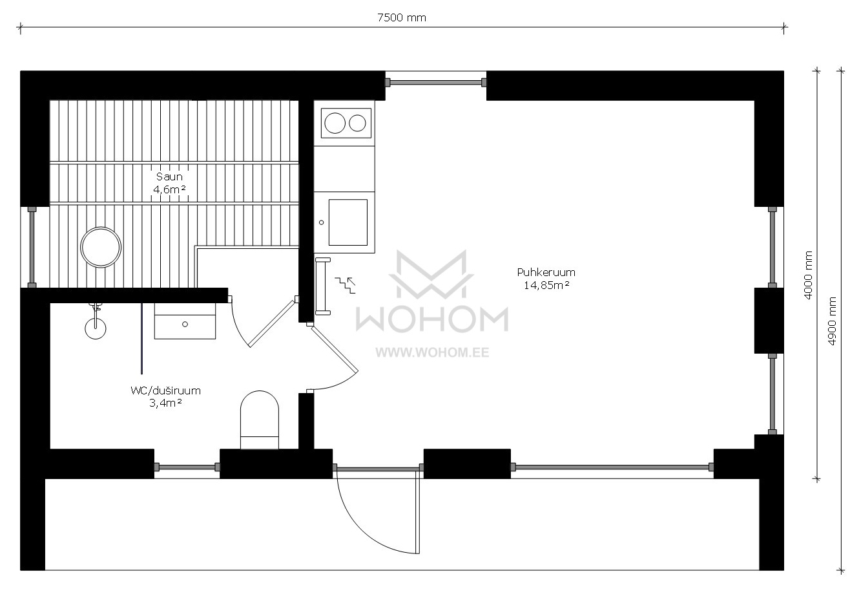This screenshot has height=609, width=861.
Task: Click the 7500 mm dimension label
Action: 401,17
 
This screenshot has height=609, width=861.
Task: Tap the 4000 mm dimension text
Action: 808,275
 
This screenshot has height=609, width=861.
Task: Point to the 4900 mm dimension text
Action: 832,321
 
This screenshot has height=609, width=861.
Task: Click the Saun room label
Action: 169,176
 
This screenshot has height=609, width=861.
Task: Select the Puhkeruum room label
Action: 546,272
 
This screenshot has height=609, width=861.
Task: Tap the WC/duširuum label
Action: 165,390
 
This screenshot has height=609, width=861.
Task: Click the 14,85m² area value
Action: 546,285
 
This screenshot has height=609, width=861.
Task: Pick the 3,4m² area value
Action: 165,403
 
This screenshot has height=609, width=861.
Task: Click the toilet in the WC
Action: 260,420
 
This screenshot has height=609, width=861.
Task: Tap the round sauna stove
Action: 101,247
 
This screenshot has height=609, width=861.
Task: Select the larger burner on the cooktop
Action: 335,123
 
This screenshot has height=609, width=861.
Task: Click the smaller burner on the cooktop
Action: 357,123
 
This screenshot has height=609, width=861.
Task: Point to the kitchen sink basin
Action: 348,222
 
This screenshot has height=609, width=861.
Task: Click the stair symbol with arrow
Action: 345,285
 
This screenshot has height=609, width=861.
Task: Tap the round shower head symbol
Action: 96,328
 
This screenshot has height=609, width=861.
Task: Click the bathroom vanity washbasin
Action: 185,321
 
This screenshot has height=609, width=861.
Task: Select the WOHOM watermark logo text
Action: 432,319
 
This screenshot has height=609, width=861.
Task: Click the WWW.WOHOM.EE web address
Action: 432,353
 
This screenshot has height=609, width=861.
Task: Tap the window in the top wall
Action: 436,82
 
